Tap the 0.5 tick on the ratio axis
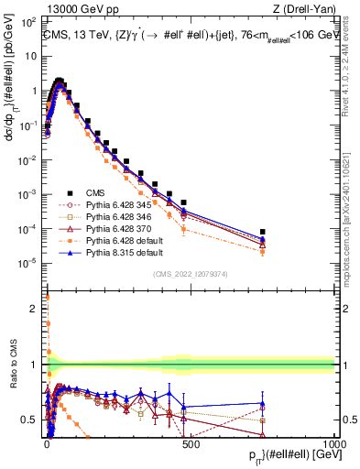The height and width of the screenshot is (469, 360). pyautogui.click(x=33, y=420)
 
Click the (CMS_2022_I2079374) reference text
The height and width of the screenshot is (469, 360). pyautogui.click(x=191, y=272)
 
